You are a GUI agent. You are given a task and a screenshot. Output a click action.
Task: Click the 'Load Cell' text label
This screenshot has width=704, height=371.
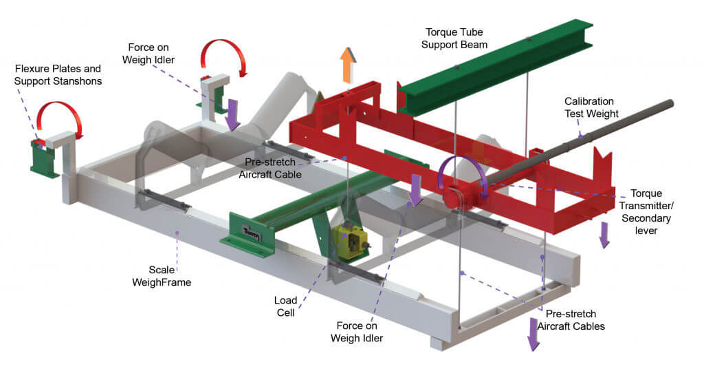pos(285,306)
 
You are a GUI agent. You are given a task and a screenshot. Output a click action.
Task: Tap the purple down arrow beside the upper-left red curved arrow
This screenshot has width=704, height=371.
pos(232,114)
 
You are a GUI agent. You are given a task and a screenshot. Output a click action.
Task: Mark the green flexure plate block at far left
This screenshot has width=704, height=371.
pos(45,159)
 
